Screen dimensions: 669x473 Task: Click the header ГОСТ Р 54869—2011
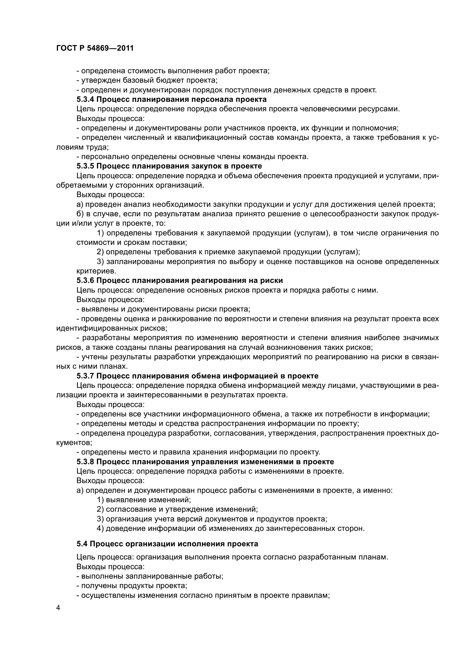95,48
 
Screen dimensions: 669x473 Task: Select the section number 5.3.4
85,99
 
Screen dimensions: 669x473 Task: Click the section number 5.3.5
85,166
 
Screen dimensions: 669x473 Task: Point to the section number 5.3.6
85,280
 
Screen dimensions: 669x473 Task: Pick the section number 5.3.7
85,376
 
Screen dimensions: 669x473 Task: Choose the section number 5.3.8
85,462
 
